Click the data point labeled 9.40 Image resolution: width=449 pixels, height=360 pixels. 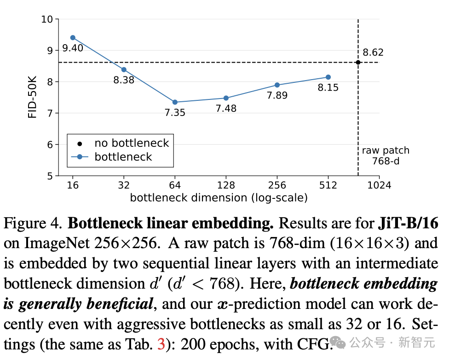[x=73, y=38]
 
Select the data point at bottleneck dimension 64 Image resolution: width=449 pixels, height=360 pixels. [x=175, y=102]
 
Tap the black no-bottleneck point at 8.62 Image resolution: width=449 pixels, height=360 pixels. [x=358, y=62]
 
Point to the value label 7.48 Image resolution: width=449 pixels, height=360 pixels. [x=226, y=108]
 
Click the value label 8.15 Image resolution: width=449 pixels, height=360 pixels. [x=328, y=87]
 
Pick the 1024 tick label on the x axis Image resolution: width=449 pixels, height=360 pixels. [x=379, y=186]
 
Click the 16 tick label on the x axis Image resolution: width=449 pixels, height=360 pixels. [x=72, y=186]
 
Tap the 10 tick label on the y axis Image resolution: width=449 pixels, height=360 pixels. [x=47, y=19]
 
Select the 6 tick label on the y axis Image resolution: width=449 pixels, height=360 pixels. [x=50, y=145]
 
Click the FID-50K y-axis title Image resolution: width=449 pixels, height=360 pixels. [x=32, y=98]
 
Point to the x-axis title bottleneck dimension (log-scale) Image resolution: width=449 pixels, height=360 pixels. [x=219, y=198]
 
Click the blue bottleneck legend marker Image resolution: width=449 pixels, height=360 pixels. [x=80, y=157]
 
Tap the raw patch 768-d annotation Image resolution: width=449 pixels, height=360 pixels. [x=379, y=155]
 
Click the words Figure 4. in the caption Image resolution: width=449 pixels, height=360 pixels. [x=32, y=224]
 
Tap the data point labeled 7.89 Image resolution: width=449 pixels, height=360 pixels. [x=277, y=85]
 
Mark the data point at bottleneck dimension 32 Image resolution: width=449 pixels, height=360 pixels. [x=124, y=70]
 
